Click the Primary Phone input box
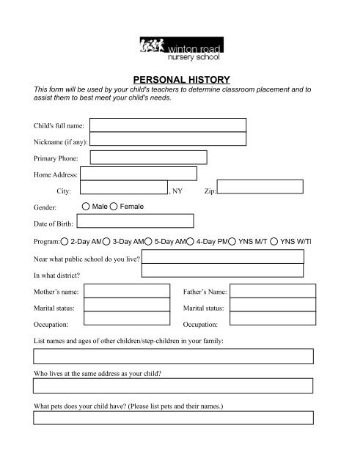(148, 158)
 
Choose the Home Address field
(139, 174)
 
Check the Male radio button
(87, 207)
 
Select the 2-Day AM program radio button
(65, 240)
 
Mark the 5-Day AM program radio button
(149, 240)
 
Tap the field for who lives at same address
(174, 386)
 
